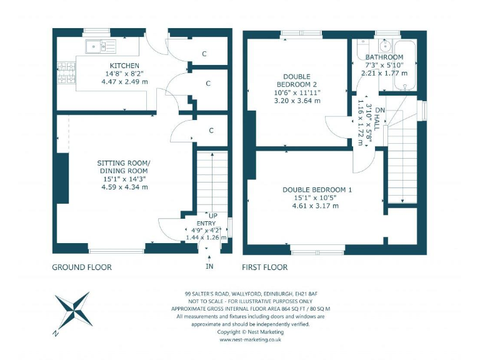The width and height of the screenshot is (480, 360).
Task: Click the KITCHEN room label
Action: (124, 66)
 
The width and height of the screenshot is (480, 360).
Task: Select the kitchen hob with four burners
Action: (66, 72)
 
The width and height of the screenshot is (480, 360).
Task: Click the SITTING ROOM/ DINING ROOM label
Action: (124, 167)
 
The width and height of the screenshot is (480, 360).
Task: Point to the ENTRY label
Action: (206, 223)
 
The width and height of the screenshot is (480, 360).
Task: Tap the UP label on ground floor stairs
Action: (213, 215)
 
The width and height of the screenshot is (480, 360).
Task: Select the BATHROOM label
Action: (384, 57)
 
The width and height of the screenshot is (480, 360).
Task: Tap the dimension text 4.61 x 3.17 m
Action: (315, 206)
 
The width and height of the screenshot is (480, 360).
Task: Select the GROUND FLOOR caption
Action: (82, 267)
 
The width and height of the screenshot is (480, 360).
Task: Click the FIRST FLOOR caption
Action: (265, 267)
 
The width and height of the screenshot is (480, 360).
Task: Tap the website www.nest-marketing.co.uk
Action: (249, 340)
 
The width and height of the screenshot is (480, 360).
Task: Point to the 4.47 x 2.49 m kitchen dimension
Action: (124, 81)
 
